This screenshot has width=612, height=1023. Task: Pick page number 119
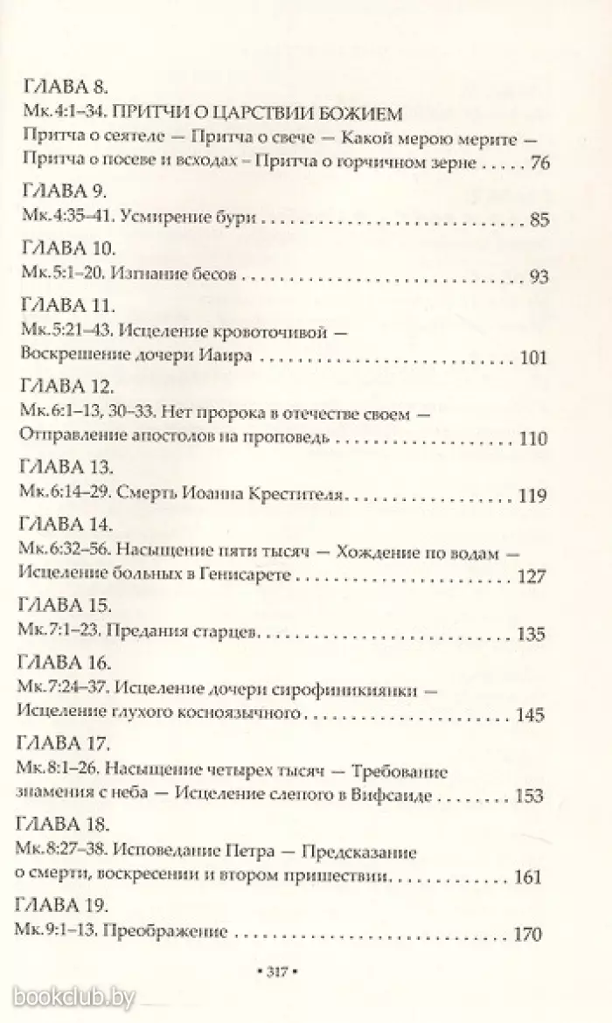click(x=531, y=496)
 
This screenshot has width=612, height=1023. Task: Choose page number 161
click(x=531, y=876)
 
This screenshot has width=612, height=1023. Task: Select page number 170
click(x=530, y=933)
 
